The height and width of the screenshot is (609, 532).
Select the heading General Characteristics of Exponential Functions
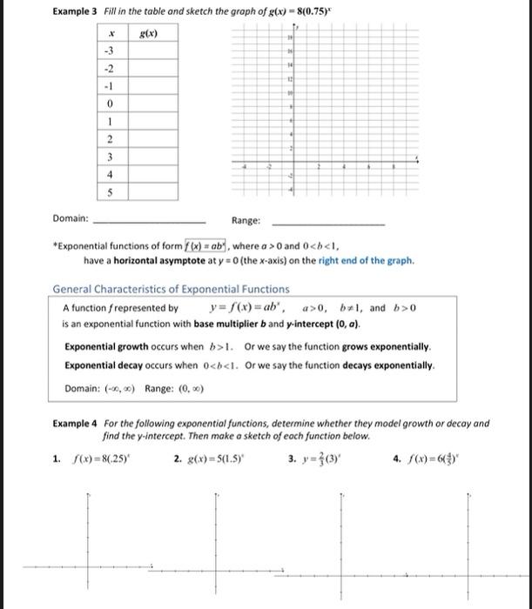click(172, 289)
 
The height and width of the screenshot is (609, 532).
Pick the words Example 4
click(76, 424)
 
